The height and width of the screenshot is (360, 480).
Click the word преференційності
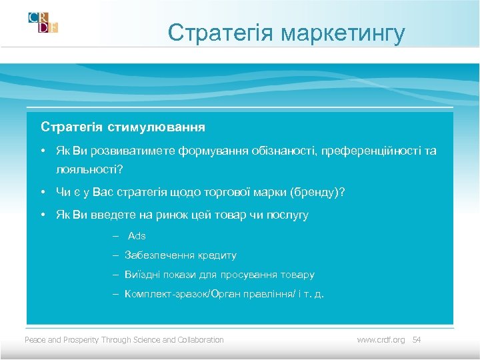pos(370,151)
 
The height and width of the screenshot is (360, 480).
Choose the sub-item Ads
pos(137,236)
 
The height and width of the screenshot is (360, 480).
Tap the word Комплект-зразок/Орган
pos(175,294)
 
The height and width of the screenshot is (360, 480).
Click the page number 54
pos(417,340)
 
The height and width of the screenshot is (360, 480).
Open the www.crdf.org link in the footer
pos(381,340)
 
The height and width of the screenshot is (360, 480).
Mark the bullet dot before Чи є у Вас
pos(42,193)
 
